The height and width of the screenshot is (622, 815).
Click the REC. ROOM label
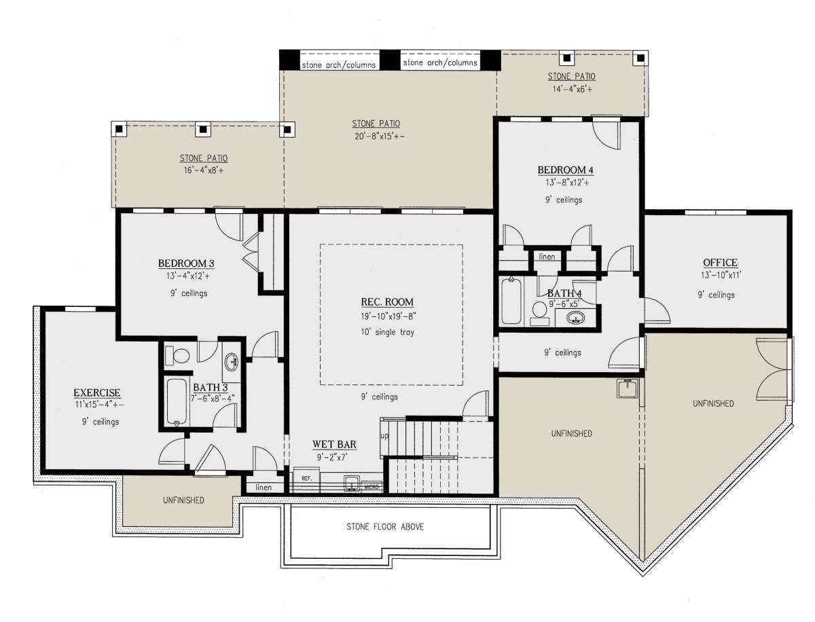click(x=387, y=302)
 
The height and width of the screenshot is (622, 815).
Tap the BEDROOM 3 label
click(x=186, y=263)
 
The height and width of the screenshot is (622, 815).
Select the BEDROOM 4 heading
click(x=566, y=170)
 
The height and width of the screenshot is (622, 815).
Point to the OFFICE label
click(x=721, y=262)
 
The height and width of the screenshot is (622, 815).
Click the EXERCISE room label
click(x=97, y=392)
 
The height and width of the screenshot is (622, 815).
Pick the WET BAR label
click(x=334, y=444)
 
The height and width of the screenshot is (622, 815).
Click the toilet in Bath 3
click(x=177, y=356)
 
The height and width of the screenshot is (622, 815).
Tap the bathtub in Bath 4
click(x=511, y=301)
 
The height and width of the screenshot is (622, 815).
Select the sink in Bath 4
click(x=575, y=318)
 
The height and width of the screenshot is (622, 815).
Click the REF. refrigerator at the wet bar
click(x=307, y=479)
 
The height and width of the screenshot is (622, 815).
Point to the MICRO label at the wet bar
click(x=372, y=487)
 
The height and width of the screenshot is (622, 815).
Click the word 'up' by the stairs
click(x=384, y=435)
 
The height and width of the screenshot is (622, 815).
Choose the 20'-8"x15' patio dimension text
click(x=380, y=136)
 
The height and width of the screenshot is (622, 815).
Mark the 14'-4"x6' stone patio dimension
click(x=572, y=89)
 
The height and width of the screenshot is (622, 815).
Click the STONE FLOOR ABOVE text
click(x=385, y=527)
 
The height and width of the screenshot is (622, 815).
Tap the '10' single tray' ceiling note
click(x=387, y=332)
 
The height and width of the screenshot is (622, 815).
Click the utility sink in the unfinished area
click(x=627, y=388)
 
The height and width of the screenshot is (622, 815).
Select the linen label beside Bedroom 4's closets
click(x=547, y=257)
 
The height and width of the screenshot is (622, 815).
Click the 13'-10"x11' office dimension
click(x=721, y=275)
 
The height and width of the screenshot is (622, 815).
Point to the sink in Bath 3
click(x=232, y=361)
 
